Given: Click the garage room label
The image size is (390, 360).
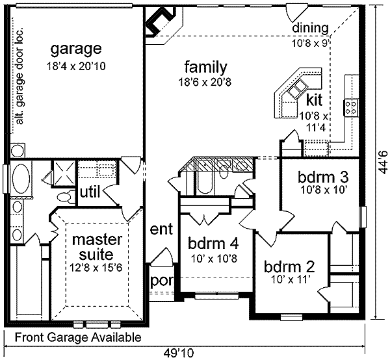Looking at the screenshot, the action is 76,49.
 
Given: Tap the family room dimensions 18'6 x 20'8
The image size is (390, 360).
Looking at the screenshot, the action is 205,82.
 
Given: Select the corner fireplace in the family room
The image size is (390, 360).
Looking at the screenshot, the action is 161,22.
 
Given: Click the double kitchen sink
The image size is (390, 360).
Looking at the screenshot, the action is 298,88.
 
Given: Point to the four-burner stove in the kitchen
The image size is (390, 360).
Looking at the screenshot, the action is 351,107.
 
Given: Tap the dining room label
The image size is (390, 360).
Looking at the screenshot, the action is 310,28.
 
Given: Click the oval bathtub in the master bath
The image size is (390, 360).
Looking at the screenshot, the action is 21,178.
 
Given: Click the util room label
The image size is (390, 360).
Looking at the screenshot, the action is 90,192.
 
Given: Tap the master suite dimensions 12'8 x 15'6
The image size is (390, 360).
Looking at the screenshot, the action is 96,268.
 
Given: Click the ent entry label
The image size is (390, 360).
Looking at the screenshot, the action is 161,229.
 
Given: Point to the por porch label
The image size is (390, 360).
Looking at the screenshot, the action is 161,281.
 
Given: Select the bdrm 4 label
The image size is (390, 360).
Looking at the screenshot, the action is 213,243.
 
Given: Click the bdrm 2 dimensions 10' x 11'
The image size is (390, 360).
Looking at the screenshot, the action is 289,280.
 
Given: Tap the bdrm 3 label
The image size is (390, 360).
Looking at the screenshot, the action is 323,177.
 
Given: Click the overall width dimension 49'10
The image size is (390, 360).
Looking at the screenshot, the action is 179,352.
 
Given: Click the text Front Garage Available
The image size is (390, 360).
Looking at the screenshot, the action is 78,337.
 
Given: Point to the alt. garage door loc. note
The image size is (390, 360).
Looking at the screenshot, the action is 19,75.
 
